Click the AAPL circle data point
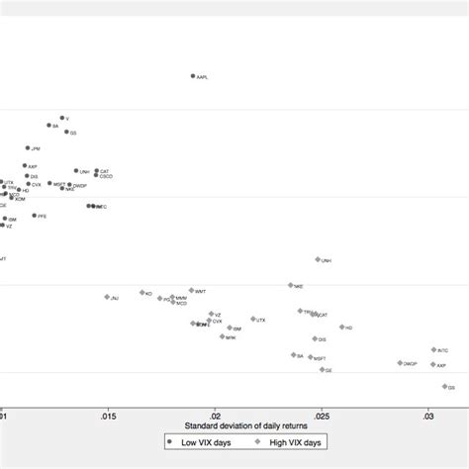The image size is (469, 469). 193,76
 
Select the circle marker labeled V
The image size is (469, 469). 61,118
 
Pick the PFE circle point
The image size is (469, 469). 34,216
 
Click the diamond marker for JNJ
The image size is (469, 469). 107,296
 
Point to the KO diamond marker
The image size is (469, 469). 142,293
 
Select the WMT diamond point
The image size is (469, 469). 192,291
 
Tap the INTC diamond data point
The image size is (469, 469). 433,349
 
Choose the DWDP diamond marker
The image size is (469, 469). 401,363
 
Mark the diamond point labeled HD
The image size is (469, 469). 342,327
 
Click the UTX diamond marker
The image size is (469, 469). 253,319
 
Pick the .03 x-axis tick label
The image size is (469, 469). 427,416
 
